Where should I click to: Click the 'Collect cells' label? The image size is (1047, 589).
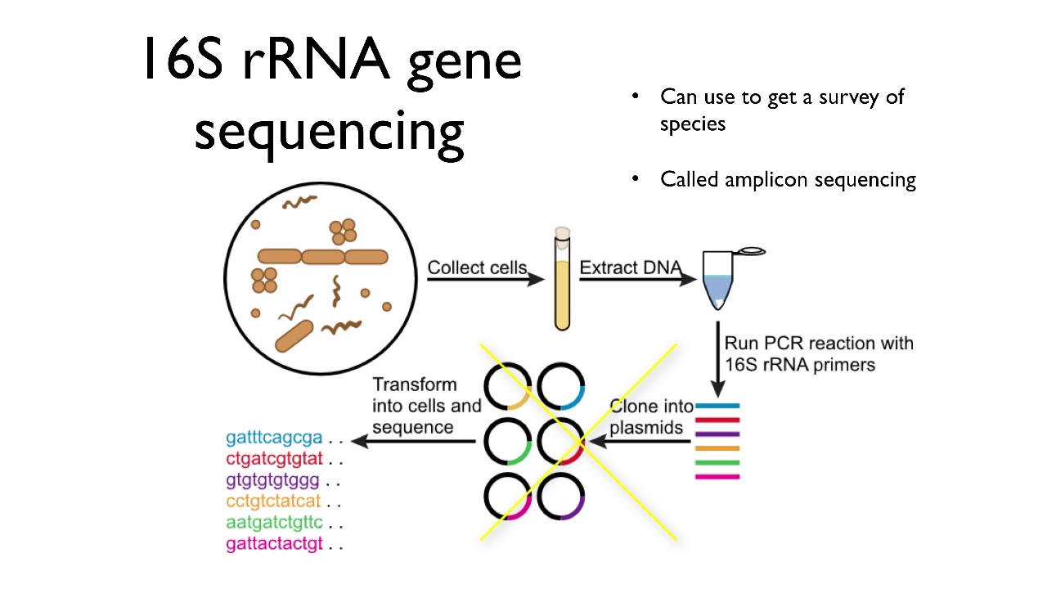tap(477, 268)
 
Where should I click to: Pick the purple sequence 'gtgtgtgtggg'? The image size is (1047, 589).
tap(272, 479)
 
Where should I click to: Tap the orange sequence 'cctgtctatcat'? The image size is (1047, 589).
tap(274, 501)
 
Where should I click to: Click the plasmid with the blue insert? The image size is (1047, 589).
tap(560, 386)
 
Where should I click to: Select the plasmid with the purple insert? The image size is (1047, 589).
tap(560, 496)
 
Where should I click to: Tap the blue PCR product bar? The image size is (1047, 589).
tap(717, 406)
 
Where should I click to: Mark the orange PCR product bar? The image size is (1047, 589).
tap(717, 448)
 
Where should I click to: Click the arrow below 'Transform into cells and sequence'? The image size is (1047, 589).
tap(418, 442)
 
